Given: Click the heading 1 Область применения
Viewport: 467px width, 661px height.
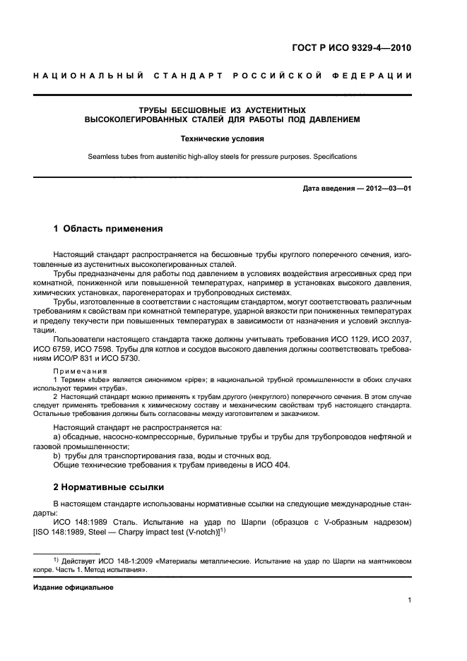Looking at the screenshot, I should coord(108,229).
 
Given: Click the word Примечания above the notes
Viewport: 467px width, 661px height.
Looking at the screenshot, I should coord(80,371).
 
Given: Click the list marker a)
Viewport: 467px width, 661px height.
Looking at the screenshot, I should coord(58,437).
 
